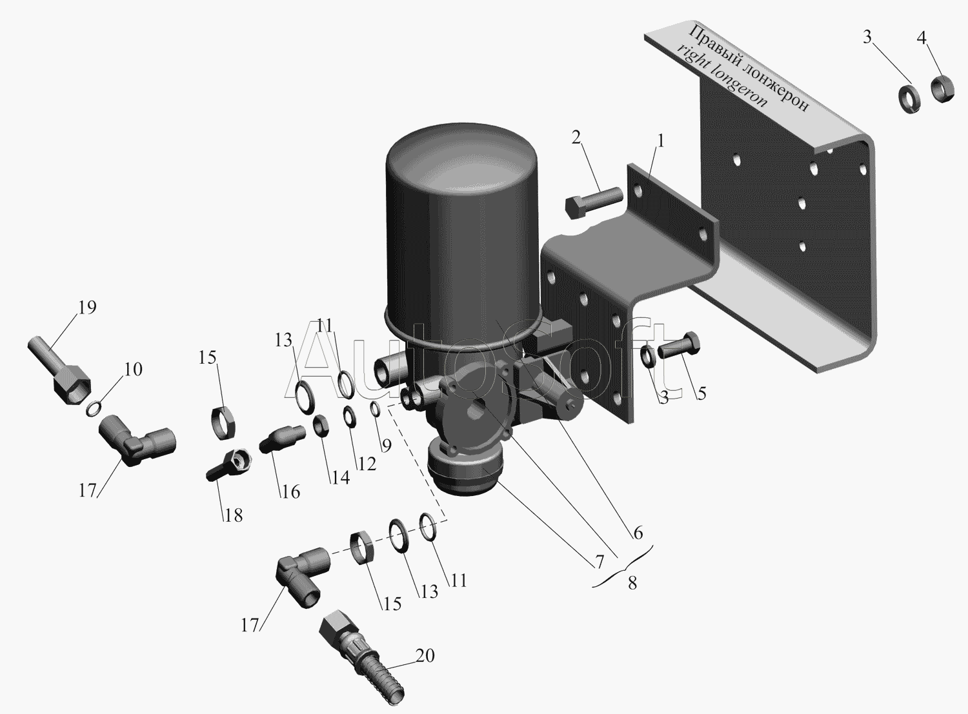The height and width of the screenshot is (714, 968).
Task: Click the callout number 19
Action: point(87,308)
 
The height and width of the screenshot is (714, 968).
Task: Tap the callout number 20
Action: point(425,655)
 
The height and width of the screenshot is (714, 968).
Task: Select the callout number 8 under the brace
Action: point(632,583)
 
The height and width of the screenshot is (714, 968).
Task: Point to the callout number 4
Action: point(922,39)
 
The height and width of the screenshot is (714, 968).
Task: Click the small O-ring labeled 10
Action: point(94,409)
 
